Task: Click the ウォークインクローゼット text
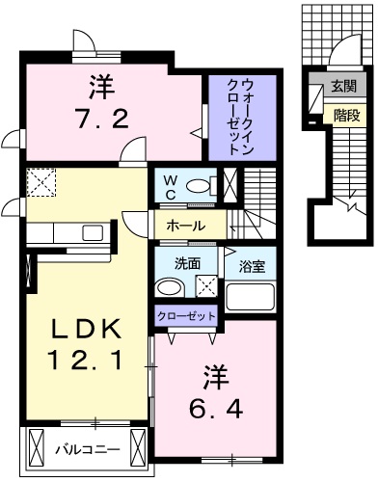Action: coord(239,117)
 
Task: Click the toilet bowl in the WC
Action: coord(202,186)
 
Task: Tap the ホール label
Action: coord(185,226)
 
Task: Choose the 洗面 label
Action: coord(188,262)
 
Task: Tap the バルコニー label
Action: coord(88,447)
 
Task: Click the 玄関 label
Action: coord(342,87)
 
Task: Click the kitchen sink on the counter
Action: coord(94,232)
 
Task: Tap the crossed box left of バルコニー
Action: coord(35,447)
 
